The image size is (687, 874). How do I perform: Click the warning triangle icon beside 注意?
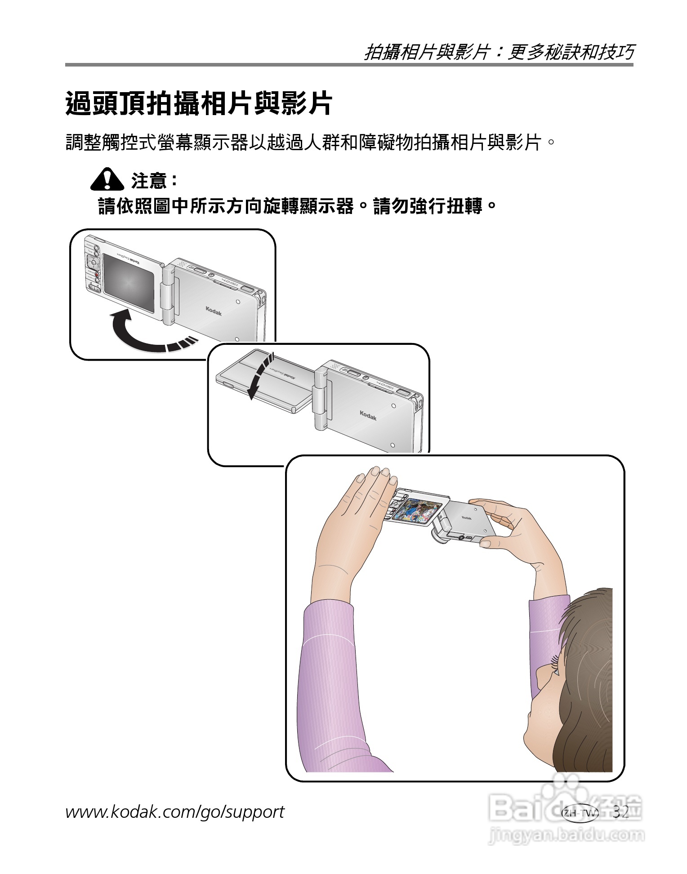(x=107, y=179)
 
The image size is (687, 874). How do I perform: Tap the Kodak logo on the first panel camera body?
(x=214, y=311)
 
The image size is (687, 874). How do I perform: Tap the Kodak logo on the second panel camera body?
(x=367, y=415)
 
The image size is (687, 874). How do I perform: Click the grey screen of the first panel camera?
(x=128, y=282)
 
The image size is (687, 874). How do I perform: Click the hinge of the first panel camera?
(x=169, y=294)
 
